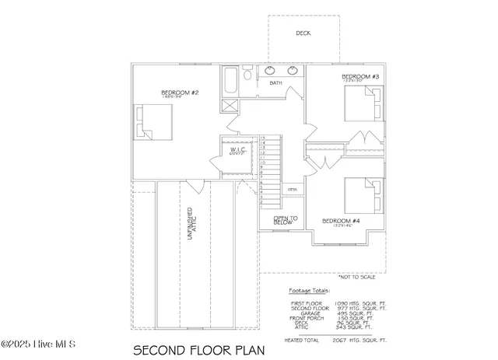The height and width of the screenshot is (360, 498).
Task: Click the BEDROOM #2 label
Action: tap(181, 93)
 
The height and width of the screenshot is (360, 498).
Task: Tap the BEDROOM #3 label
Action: tap(359, 77)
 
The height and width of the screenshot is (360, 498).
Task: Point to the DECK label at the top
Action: tap(303, 33)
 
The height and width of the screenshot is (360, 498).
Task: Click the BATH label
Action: tap(275, 82)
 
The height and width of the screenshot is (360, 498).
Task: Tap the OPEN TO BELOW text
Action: tap(282, 220)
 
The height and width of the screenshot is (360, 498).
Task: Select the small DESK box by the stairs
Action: tap(293, 189)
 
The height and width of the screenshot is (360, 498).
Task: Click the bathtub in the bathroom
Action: tap(230, 81)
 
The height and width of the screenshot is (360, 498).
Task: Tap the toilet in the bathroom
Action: tap(247, 75)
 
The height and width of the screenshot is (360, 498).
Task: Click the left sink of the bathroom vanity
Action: tap(272, 71)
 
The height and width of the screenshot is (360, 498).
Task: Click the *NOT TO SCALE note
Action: tap(357, 277)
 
